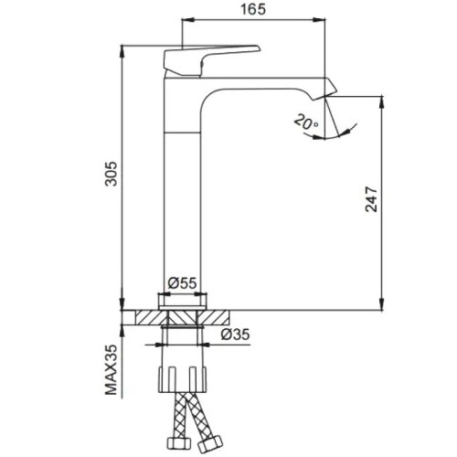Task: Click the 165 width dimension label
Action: tap(253, 9)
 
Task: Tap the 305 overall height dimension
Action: tap(111, 174)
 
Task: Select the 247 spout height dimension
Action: tap(371, 199)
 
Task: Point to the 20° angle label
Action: tap(306, 122)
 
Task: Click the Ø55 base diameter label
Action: tap(182, 283)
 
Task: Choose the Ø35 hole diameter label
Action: tap(235, 335)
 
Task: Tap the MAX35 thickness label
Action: tap(111, 370)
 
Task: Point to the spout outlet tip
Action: tap(325, 97)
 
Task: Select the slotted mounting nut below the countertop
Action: tap(182, 379)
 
